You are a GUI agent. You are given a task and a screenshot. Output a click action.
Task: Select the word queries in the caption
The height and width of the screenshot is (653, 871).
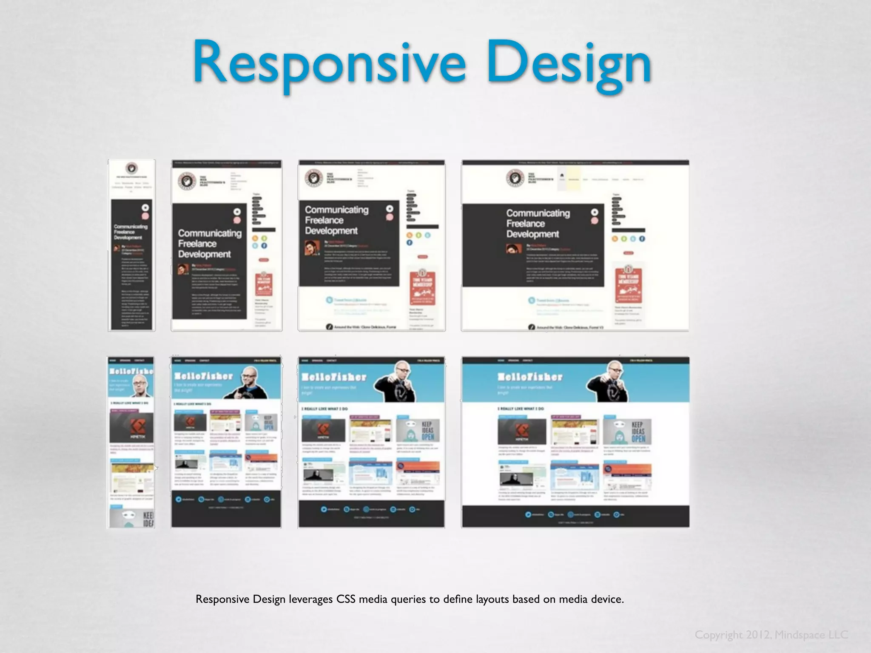408,599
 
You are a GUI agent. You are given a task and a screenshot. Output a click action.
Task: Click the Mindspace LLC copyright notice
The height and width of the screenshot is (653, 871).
771,635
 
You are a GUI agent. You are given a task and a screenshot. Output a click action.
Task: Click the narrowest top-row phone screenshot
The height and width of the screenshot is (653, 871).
132,245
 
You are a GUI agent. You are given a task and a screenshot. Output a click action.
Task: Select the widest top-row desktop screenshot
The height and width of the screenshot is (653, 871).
575,245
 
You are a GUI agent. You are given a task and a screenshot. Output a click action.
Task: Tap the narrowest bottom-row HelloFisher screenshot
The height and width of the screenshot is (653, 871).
131,442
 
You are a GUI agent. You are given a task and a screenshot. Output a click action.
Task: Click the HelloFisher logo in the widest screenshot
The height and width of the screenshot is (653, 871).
530,377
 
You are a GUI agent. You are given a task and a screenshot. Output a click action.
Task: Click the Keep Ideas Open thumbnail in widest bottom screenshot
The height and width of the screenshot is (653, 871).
627,431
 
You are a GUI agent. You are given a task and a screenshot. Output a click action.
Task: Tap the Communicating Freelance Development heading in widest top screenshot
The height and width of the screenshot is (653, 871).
538,224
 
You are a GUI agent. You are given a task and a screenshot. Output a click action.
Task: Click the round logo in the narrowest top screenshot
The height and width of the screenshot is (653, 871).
131,168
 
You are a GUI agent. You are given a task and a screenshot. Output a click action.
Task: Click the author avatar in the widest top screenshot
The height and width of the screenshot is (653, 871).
514,248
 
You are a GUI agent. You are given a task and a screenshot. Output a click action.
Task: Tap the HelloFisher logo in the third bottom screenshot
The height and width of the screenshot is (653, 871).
334,377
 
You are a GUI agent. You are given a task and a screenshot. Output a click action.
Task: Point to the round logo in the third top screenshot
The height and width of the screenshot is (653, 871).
313,179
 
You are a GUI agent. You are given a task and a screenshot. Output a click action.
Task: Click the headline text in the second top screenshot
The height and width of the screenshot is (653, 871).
209,244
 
